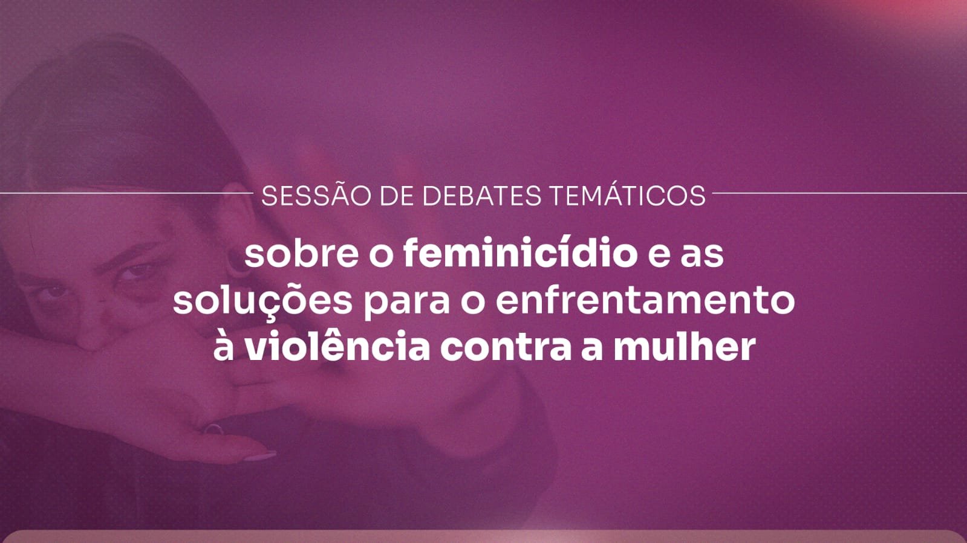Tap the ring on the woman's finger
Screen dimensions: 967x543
click(213, 428)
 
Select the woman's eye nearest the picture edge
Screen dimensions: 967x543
click(55, 292)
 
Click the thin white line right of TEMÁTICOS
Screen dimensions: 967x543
click(839, 193)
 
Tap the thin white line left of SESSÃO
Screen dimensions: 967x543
click(127, 193)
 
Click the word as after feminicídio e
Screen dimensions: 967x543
click(705, 255)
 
